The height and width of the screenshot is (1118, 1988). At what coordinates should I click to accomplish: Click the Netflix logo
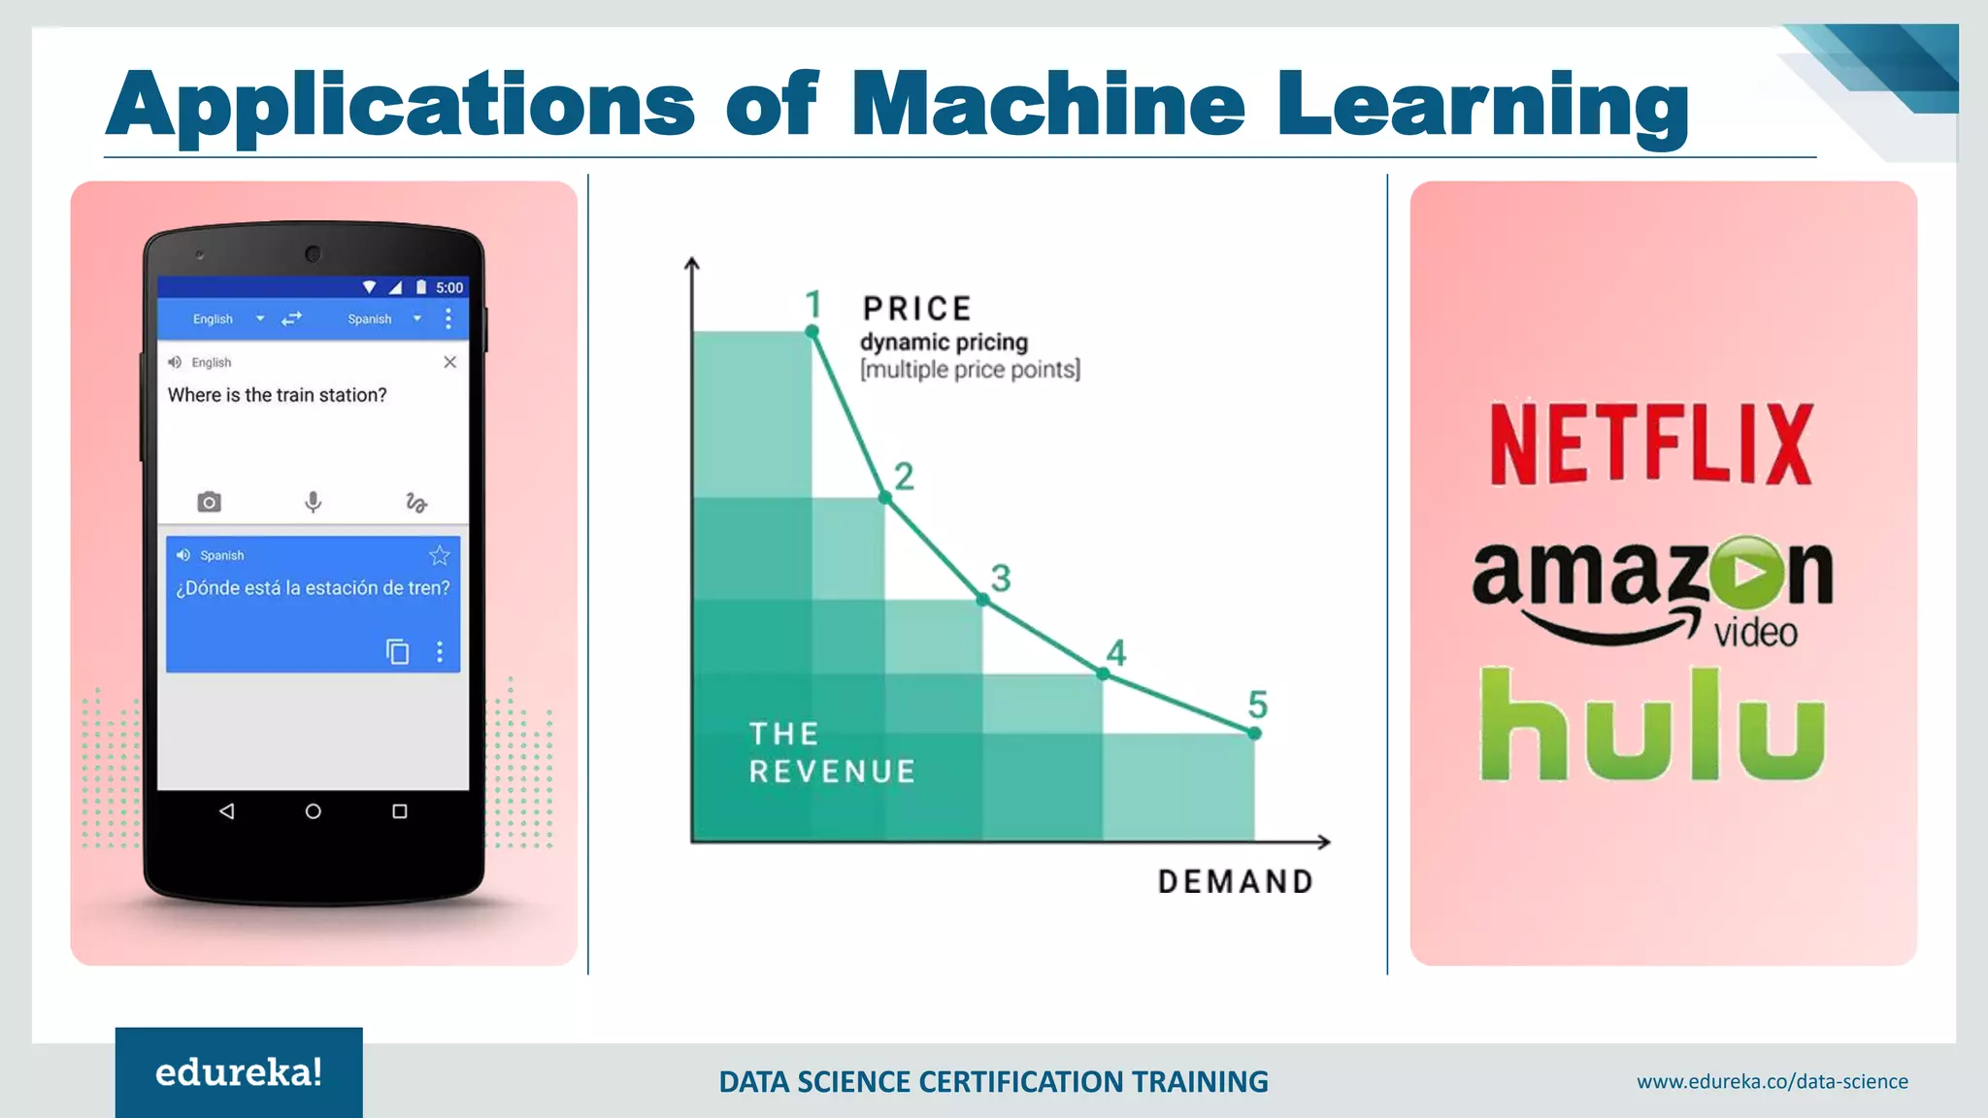[1651, 444]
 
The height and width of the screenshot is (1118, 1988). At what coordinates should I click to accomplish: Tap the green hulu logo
[1652, 725]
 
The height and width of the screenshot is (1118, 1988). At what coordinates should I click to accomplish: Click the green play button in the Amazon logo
[1746, 573]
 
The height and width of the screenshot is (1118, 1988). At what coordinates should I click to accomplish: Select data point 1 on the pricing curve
[812, 332]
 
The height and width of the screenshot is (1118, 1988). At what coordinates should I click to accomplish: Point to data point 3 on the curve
[982, 600]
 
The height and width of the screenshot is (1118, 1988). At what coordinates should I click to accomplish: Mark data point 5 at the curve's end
[1254, 733]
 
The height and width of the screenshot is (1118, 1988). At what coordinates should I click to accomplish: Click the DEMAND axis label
[1235, 881]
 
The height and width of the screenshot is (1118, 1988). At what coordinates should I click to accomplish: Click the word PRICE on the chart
[916, 309]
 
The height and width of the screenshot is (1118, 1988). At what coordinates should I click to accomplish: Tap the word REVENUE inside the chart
[832, 772]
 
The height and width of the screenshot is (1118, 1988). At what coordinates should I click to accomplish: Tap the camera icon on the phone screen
[209, 502]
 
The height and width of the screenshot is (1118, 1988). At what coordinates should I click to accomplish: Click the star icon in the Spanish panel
[440, 555]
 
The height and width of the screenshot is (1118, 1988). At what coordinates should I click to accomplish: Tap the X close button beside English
[449, 362]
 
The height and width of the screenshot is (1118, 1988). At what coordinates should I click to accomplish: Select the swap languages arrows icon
[291, 318]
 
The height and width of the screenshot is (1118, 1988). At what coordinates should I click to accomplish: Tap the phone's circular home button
[313, 811]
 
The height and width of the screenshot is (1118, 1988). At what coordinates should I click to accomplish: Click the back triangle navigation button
[226, 811]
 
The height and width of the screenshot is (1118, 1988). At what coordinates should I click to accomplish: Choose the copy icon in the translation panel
[397, 651]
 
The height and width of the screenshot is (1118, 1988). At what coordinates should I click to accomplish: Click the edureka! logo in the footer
[239, 1072]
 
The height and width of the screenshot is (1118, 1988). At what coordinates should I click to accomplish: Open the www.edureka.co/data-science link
[1772, 1081]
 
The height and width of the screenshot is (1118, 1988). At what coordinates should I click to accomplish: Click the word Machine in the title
[1047, 104]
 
